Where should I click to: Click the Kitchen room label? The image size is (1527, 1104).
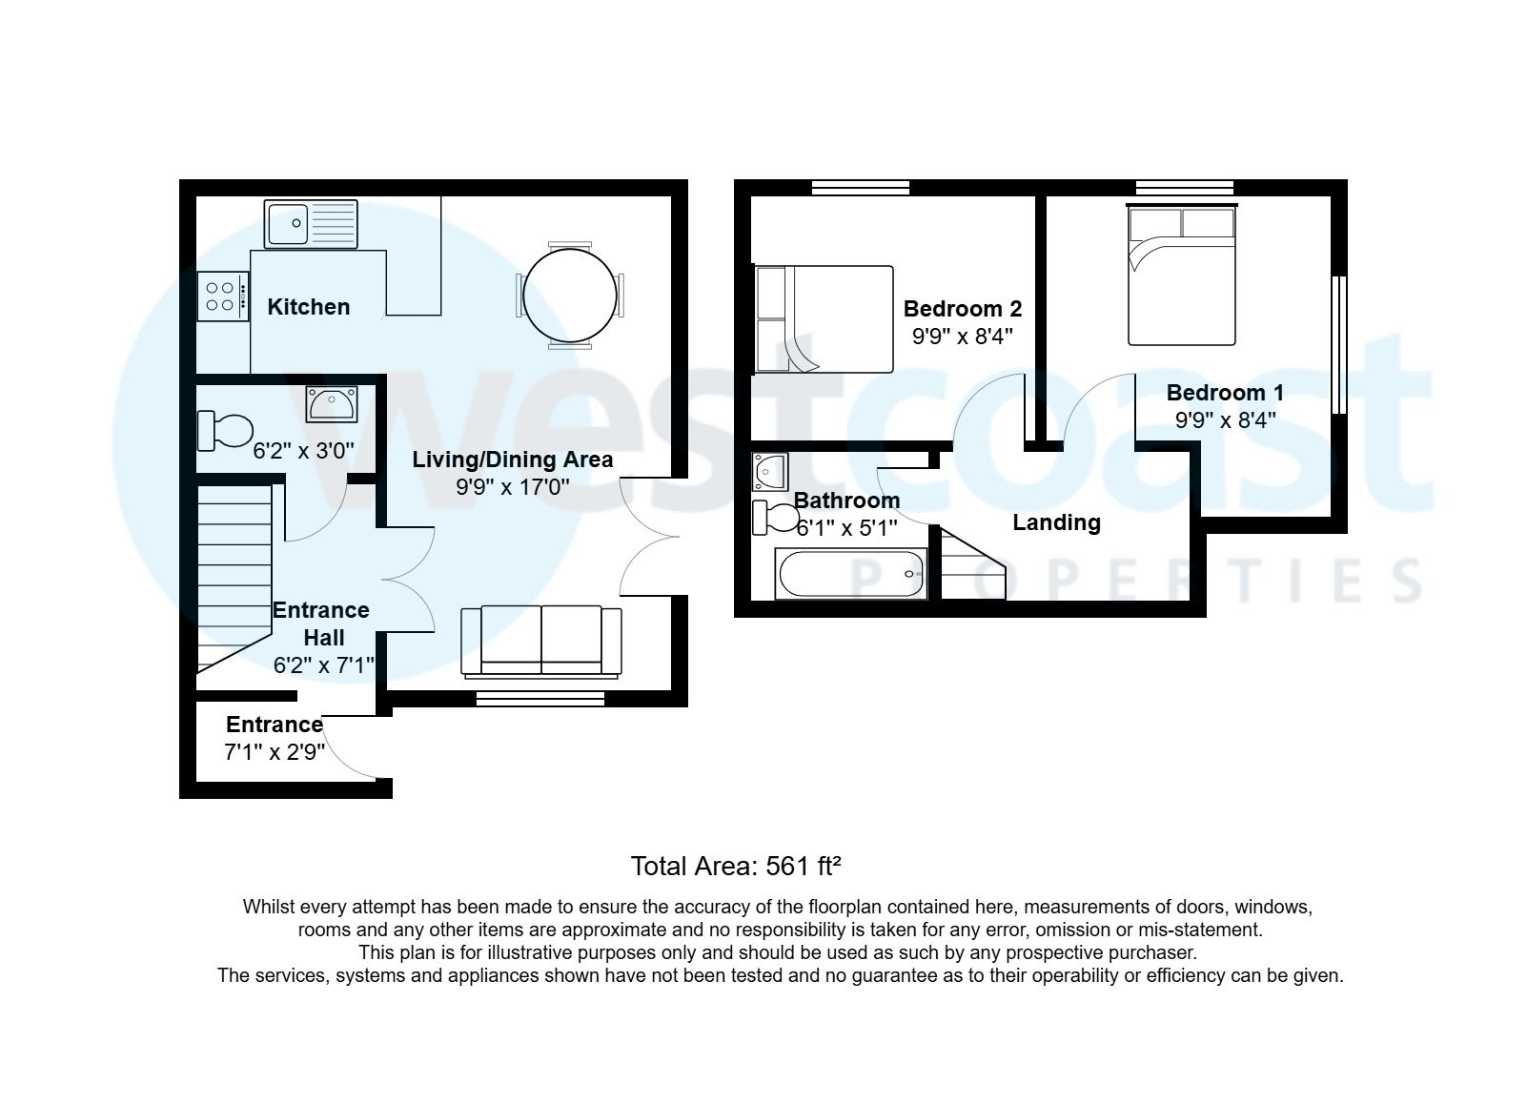coord(308,307)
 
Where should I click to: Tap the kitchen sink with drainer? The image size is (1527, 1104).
coord(311,224)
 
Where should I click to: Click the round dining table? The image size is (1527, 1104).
coord(570,295)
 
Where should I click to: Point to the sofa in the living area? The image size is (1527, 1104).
coord(540,641)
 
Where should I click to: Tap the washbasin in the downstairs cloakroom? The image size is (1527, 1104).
coord(331,404)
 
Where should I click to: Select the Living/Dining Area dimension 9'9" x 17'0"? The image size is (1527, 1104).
coord(512,487)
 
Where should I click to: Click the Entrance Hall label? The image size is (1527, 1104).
coord(322,624)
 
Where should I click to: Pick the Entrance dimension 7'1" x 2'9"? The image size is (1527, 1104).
coord(275,752)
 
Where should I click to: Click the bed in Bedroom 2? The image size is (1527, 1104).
coord(823,319)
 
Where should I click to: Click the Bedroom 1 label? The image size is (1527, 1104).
coord(1225,393)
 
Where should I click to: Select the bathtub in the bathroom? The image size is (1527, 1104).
coord(851,574)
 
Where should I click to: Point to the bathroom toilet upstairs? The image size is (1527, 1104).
coord(776,518)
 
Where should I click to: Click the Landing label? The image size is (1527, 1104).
coord(1056,522)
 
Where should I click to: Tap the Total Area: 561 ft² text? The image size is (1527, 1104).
coord(735,867)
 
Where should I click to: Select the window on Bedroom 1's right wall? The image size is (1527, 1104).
coord(1338,345)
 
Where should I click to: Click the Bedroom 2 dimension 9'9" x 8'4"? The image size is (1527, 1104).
coord(962,336)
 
